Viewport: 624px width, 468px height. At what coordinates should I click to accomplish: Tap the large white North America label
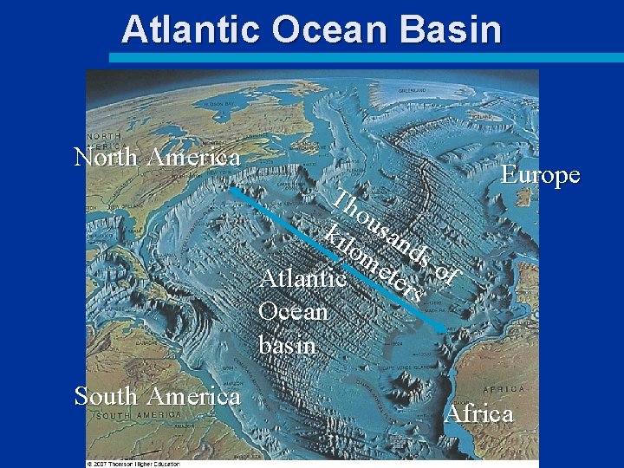pos(157,157)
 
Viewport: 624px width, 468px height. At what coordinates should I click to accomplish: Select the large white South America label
pos(157,396)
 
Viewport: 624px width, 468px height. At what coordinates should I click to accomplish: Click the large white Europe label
pos(541,175)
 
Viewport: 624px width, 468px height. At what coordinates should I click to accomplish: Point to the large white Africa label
pos(478,413)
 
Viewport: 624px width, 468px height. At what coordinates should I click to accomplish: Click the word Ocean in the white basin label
pos(293,311)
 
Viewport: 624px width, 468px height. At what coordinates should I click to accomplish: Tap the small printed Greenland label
pos(412,90)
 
